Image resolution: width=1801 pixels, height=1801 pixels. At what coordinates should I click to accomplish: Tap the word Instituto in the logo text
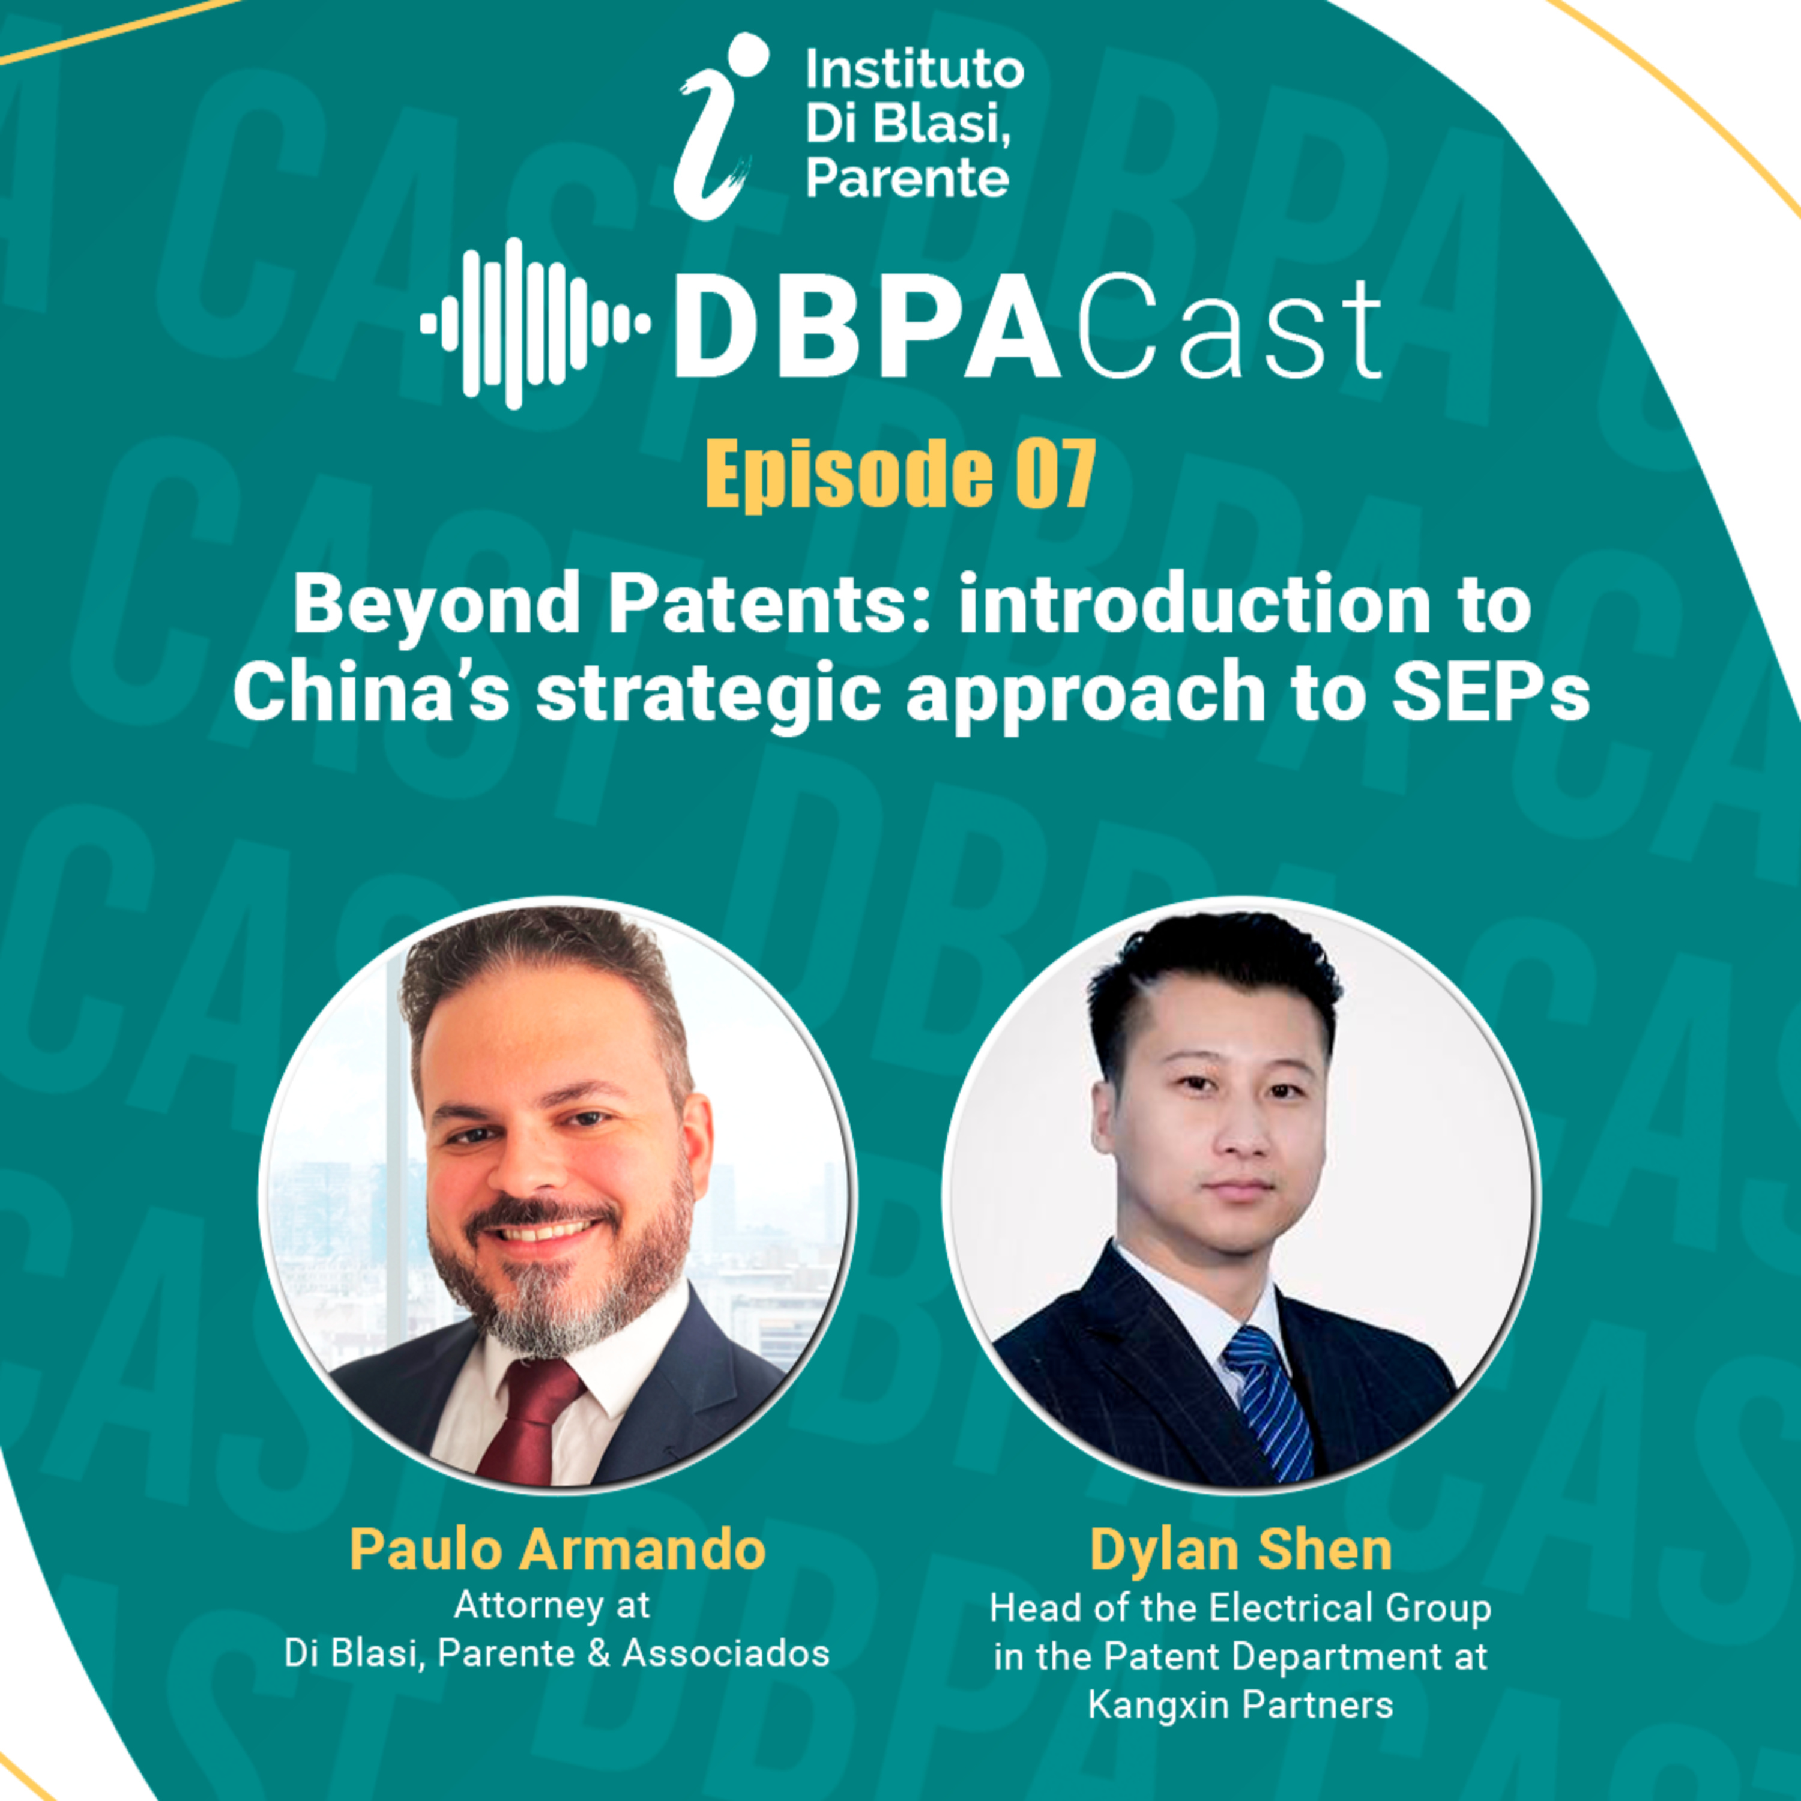click(914, 71)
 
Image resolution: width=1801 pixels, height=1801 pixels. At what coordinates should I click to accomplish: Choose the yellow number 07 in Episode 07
click(1054, 475)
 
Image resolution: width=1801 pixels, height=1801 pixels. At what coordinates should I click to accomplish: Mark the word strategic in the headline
click(708, 697)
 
